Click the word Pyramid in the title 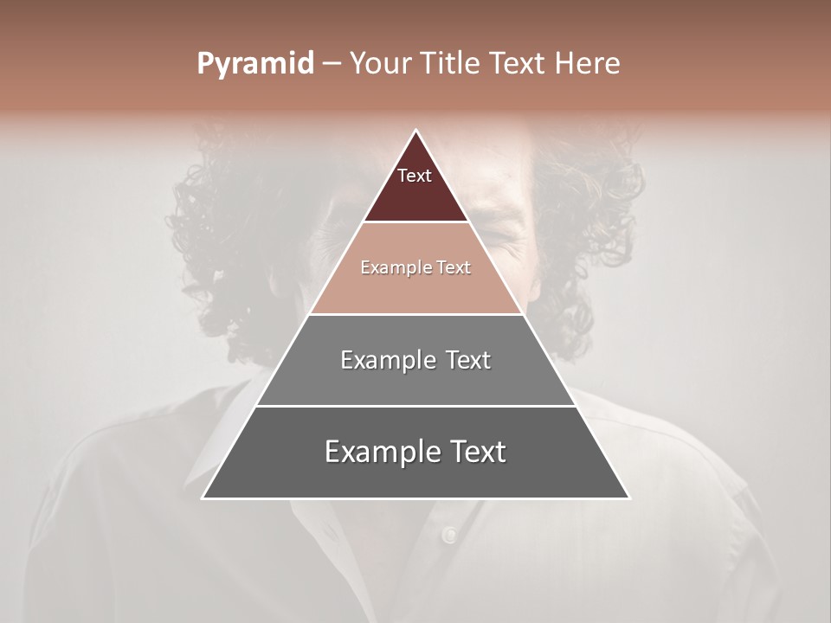[x=254, y=64]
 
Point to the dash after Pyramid [x=331, y=64]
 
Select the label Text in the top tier [x=415, y=176]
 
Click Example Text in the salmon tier [x=415, y=268]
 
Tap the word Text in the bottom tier [x=475, y=452]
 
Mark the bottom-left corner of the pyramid [x=203, y=498]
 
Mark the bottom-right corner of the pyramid [x=628, y=498]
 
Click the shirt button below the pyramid [x=448, y=535]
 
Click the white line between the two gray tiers [x=415, y=406]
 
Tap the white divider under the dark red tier [x=415, y=222]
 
